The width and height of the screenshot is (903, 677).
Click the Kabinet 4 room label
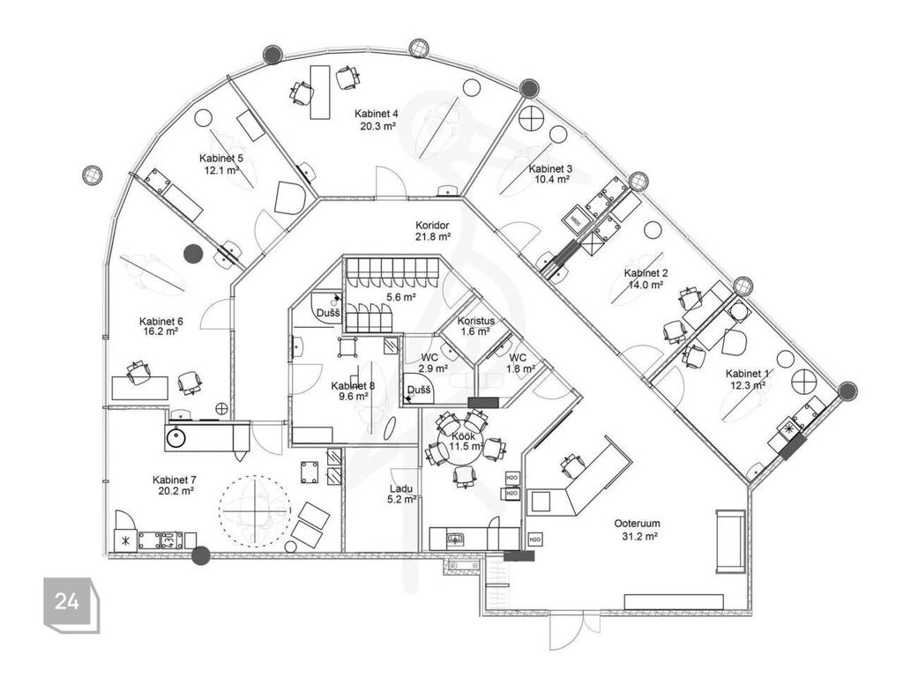pyautogui.click(x=376, y=114)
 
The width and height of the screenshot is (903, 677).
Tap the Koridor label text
pyautogui.click(x=432, y=226)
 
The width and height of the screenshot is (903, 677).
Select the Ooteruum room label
pyautogui.click(x=637, y=524)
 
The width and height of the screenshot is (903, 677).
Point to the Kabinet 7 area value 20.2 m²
pyautogui.click(x=175, y=491)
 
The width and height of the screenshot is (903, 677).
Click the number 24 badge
pyautogui.click(x=67, y=601)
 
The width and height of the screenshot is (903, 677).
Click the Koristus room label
pyautogui.click(x=475, y=321)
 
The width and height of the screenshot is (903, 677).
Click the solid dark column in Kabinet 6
pyautogui.click(x=193, y=253)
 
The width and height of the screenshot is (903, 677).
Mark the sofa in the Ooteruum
pyautogui.click(x=730, y=541)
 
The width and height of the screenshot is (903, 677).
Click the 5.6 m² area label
pyautogui.click(x=401, y=298)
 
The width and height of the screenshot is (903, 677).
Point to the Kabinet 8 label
pyautogui.click(x=353, y=386)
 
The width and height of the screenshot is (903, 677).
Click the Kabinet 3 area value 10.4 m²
pyautogui.click(x=552, y=179)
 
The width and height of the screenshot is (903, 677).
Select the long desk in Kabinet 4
pyautogui.click(x=320, y=92)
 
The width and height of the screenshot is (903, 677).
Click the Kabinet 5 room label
pyautogui.click(x=221, y=159)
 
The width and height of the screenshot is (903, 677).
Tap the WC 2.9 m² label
pyautogui.click(x=433, y=363)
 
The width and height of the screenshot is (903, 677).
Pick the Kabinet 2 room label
pyautogui.click(x=646, y=273)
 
